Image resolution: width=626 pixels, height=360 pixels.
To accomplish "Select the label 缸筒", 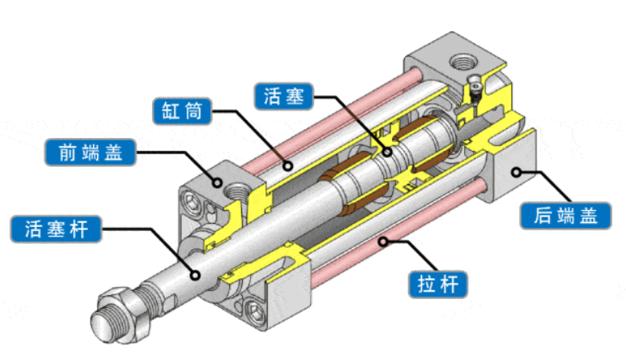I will pos(183,112).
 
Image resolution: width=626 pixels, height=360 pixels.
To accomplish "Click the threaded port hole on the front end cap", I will pos(236,192).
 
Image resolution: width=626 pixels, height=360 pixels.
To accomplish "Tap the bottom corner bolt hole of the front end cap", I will pos(256,305).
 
